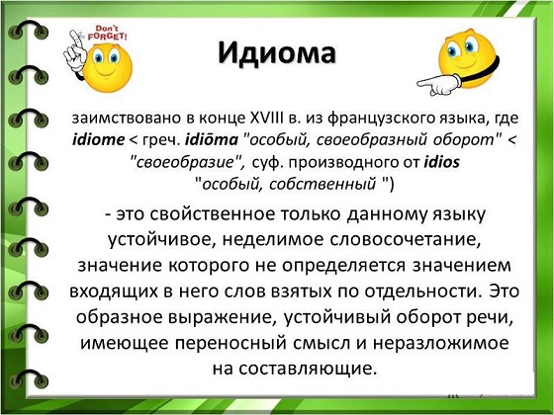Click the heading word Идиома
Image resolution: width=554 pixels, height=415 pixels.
(276, 53)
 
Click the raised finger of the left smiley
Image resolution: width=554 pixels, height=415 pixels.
(74, 38)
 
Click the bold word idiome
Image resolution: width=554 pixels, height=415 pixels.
(98, 139)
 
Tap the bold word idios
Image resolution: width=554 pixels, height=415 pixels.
(441, 162)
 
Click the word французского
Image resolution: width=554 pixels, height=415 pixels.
(378, 119)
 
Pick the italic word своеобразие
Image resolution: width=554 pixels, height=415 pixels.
(186, 162)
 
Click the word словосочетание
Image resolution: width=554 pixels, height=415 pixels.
(406, 240)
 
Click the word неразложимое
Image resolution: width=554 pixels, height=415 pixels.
(441, 344)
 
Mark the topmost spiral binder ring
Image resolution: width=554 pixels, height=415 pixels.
(29, 30)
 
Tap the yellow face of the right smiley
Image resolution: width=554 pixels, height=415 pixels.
(466, 56)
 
